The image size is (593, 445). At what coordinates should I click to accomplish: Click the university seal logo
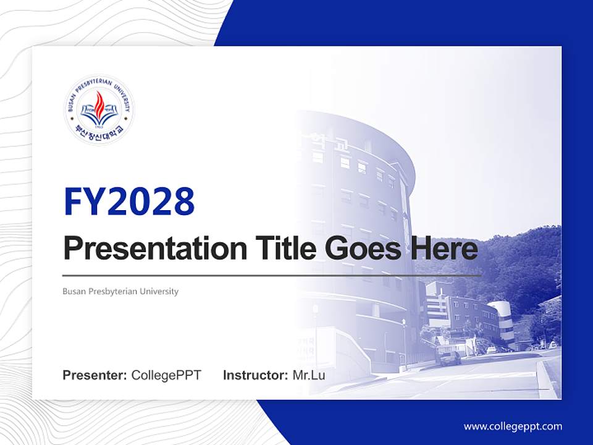point(99,110)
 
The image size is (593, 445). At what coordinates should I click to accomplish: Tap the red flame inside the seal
point(99,104)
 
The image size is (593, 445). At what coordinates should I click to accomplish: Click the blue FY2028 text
point(129,202)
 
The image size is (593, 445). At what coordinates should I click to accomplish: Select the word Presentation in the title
point(146,249)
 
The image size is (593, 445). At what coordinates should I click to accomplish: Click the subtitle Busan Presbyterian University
point(120,291)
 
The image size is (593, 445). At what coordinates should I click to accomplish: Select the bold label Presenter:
point(95,375)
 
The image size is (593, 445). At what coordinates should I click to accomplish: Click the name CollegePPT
point(166,375)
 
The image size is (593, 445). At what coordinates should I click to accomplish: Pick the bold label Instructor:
point(255,375)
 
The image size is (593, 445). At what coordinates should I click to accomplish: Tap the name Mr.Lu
point(309,375)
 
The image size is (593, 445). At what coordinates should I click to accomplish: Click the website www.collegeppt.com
point(513,426)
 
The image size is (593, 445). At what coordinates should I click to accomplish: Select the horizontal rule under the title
point(272,275)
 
